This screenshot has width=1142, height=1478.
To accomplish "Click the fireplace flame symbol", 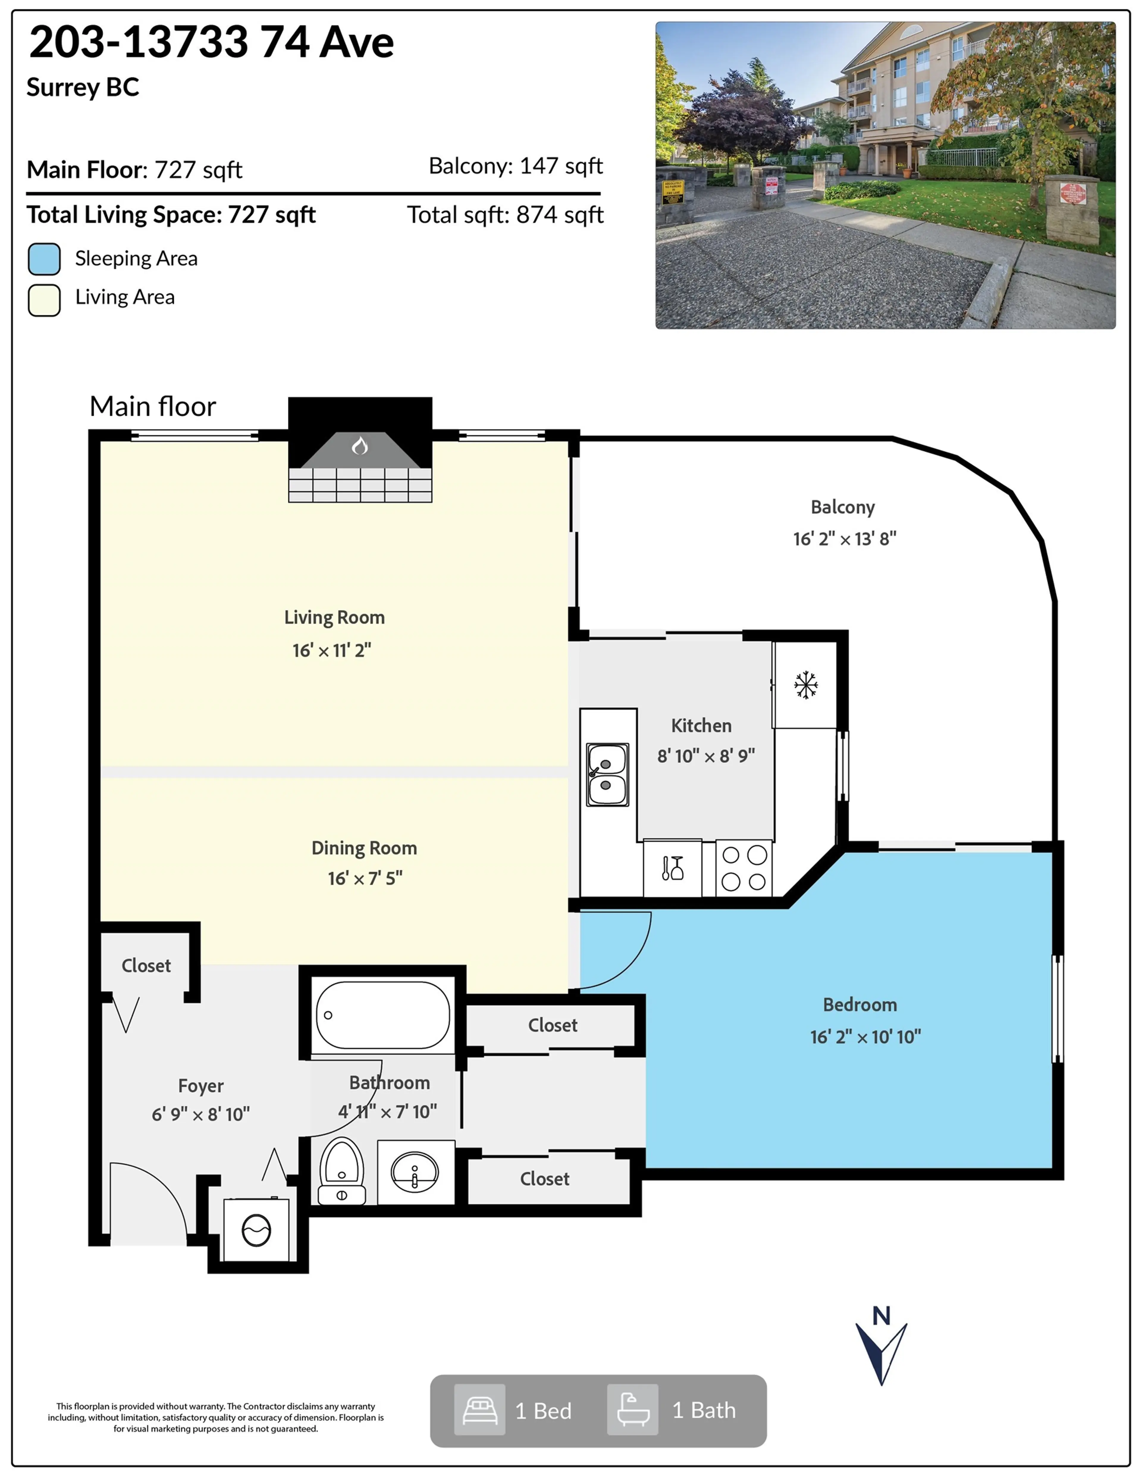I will coord(360,445).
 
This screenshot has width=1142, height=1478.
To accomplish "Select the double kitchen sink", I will coord(607,775).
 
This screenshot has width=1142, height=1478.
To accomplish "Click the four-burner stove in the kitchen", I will coord(743,868).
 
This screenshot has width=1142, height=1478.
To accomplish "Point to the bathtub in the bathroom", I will coord(382,1015).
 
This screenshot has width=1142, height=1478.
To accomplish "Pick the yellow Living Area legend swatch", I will coord(44,300).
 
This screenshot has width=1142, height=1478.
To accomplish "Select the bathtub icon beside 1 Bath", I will coord(632,1410).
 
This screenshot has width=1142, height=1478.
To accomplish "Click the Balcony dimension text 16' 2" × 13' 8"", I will coord(844,539).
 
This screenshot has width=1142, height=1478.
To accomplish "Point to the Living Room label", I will coord(334,617).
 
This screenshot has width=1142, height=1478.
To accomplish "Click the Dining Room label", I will coord(364,848).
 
